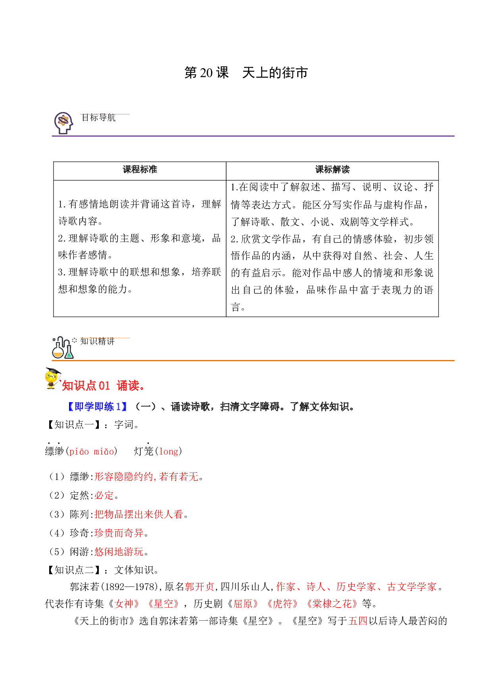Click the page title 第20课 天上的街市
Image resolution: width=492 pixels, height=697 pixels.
click(x=246, y=73)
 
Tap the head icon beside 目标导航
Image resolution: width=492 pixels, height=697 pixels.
click(x=63, y=123)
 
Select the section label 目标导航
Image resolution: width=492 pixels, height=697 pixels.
click(x=98, y=118)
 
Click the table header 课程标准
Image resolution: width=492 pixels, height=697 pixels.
click(x=140, y=170)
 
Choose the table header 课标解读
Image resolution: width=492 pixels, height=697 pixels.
click(x=332, y=170)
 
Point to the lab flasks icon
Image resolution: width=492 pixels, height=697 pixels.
click(x=63, y=348)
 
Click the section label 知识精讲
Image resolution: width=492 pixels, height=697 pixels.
click(x=98, y=341)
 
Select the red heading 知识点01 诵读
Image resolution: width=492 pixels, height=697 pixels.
click(x=104, y=385)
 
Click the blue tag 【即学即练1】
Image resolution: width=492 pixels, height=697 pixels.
click(x=98, y=407)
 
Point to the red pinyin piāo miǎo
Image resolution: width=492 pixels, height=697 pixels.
click(x=92, y=451)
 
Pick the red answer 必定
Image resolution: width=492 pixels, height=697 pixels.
click(x=104, y=496)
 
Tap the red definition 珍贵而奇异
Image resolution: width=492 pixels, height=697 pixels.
click(x=119, y=533)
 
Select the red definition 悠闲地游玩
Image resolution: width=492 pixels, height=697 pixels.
click(x=119, y=552)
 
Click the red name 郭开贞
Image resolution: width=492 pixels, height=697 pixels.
click(x=200, y=587)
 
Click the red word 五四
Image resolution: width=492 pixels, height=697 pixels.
click(x=358, y=621)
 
